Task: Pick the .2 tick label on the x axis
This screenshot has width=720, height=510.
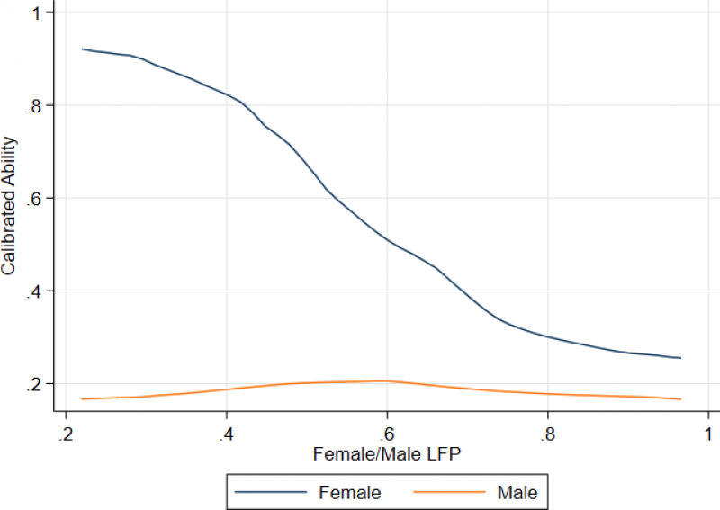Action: (66, 434)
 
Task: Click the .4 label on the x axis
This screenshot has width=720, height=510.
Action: (226, 434)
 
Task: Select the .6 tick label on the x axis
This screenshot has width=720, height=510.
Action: (387, 434)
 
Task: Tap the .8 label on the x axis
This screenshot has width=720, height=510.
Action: (547, 434)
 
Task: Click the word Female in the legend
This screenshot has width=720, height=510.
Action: (350, 492)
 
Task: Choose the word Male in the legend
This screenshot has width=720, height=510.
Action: (517, 492)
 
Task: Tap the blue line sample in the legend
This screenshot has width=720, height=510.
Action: (271, 492)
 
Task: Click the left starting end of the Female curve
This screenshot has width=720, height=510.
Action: (83, 49)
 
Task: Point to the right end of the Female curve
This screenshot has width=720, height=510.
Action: (680, 358)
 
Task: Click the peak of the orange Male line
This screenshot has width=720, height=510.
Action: (385, 380)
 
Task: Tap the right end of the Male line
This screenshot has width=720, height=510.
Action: (680, 398)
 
